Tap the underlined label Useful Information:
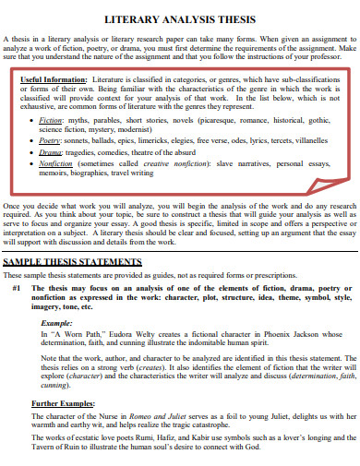point(56,80)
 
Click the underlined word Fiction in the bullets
point(52,120)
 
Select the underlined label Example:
point(57,324)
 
